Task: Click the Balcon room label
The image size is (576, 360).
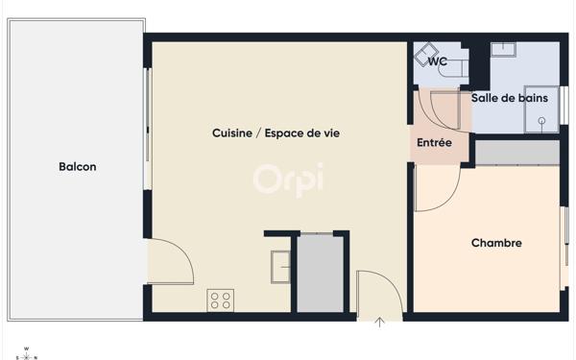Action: [77, 167]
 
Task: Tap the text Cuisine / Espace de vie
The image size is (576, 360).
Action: [276, 133]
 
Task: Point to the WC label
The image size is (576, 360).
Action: [438, 62]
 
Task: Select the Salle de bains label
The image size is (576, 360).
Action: [509, 97]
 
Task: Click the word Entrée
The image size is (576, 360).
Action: [434, 142]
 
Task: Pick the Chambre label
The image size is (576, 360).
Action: [496, 243]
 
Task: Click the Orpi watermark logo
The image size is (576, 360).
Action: [288, 179]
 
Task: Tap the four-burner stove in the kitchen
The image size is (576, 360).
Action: [221, 300]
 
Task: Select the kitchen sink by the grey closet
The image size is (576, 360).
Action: [280, 266]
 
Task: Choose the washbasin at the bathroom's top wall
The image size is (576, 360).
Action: [504, 50]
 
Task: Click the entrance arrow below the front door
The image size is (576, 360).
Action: [380, 323]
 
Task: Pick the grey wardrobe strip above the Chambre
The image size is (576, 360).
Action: [516, 152]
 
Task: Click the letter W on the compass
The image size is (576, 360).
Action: [26, 348]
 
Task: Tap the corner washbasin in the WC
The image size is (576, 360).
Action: [425, 54]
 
